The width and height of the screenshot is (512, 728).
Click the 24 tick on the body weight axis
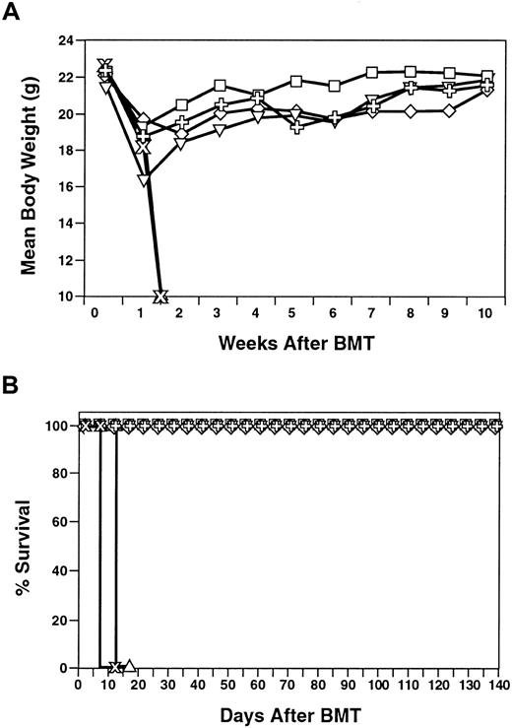(x=63, y=41)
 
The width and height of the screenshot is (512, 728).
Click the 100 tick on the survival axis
(x=59, y=426)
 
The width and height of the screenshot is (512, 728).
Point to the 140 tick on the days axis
(x=493, y=685)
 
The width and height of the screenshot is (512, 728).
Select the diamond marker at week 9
(x=449, y=110)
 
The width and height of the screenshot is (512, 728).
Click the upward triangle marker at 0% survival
(x=129, y=667)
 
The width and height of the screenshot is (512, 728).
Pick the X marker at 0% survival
(x=115, y=667)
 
